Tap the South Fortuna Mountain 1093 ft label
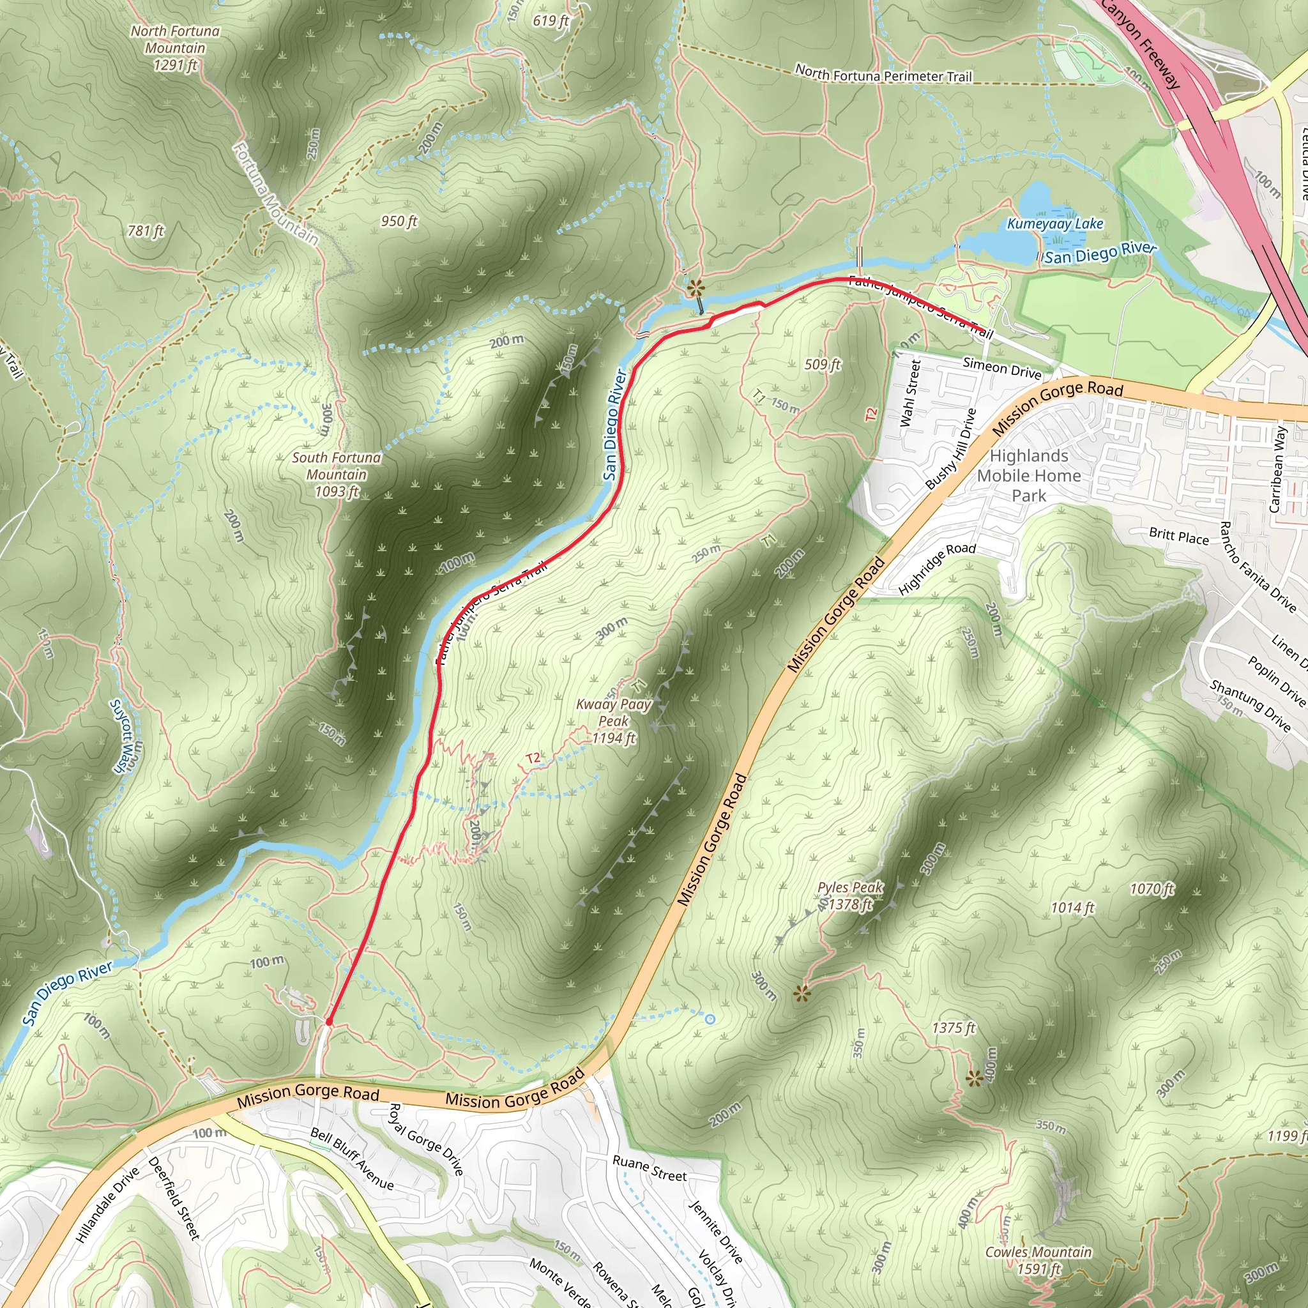[x=337, y=475]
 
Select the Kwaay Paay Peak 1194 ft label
[x=613, y=721]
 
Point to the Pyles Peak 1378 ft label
[x=850, y=895]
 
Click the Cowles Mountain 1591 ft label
[x=1038, y=1260]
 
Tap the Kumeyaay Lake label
[x=1055, y=224]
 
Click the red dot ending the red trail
[x=328, y=1022]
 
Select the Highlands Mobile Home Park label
[x=1029, y=476]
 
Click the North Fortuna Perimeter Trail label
[x=883, y=74]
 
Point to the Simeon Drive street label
[x=1002, y=369]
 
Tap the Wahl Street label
[x=911, y=393]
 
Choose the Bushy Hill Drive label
[x=951, y=448]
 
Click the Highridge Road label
[x=937, y=568]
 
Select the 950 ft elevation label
[x=399, y=222]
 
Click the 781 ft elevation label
[x=146, y=231]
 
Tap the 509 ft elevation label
[x=822, y=364]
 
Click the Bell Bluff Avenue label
[x=352, y=1159]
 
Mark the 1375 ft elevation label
[x=954, y=1028]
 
